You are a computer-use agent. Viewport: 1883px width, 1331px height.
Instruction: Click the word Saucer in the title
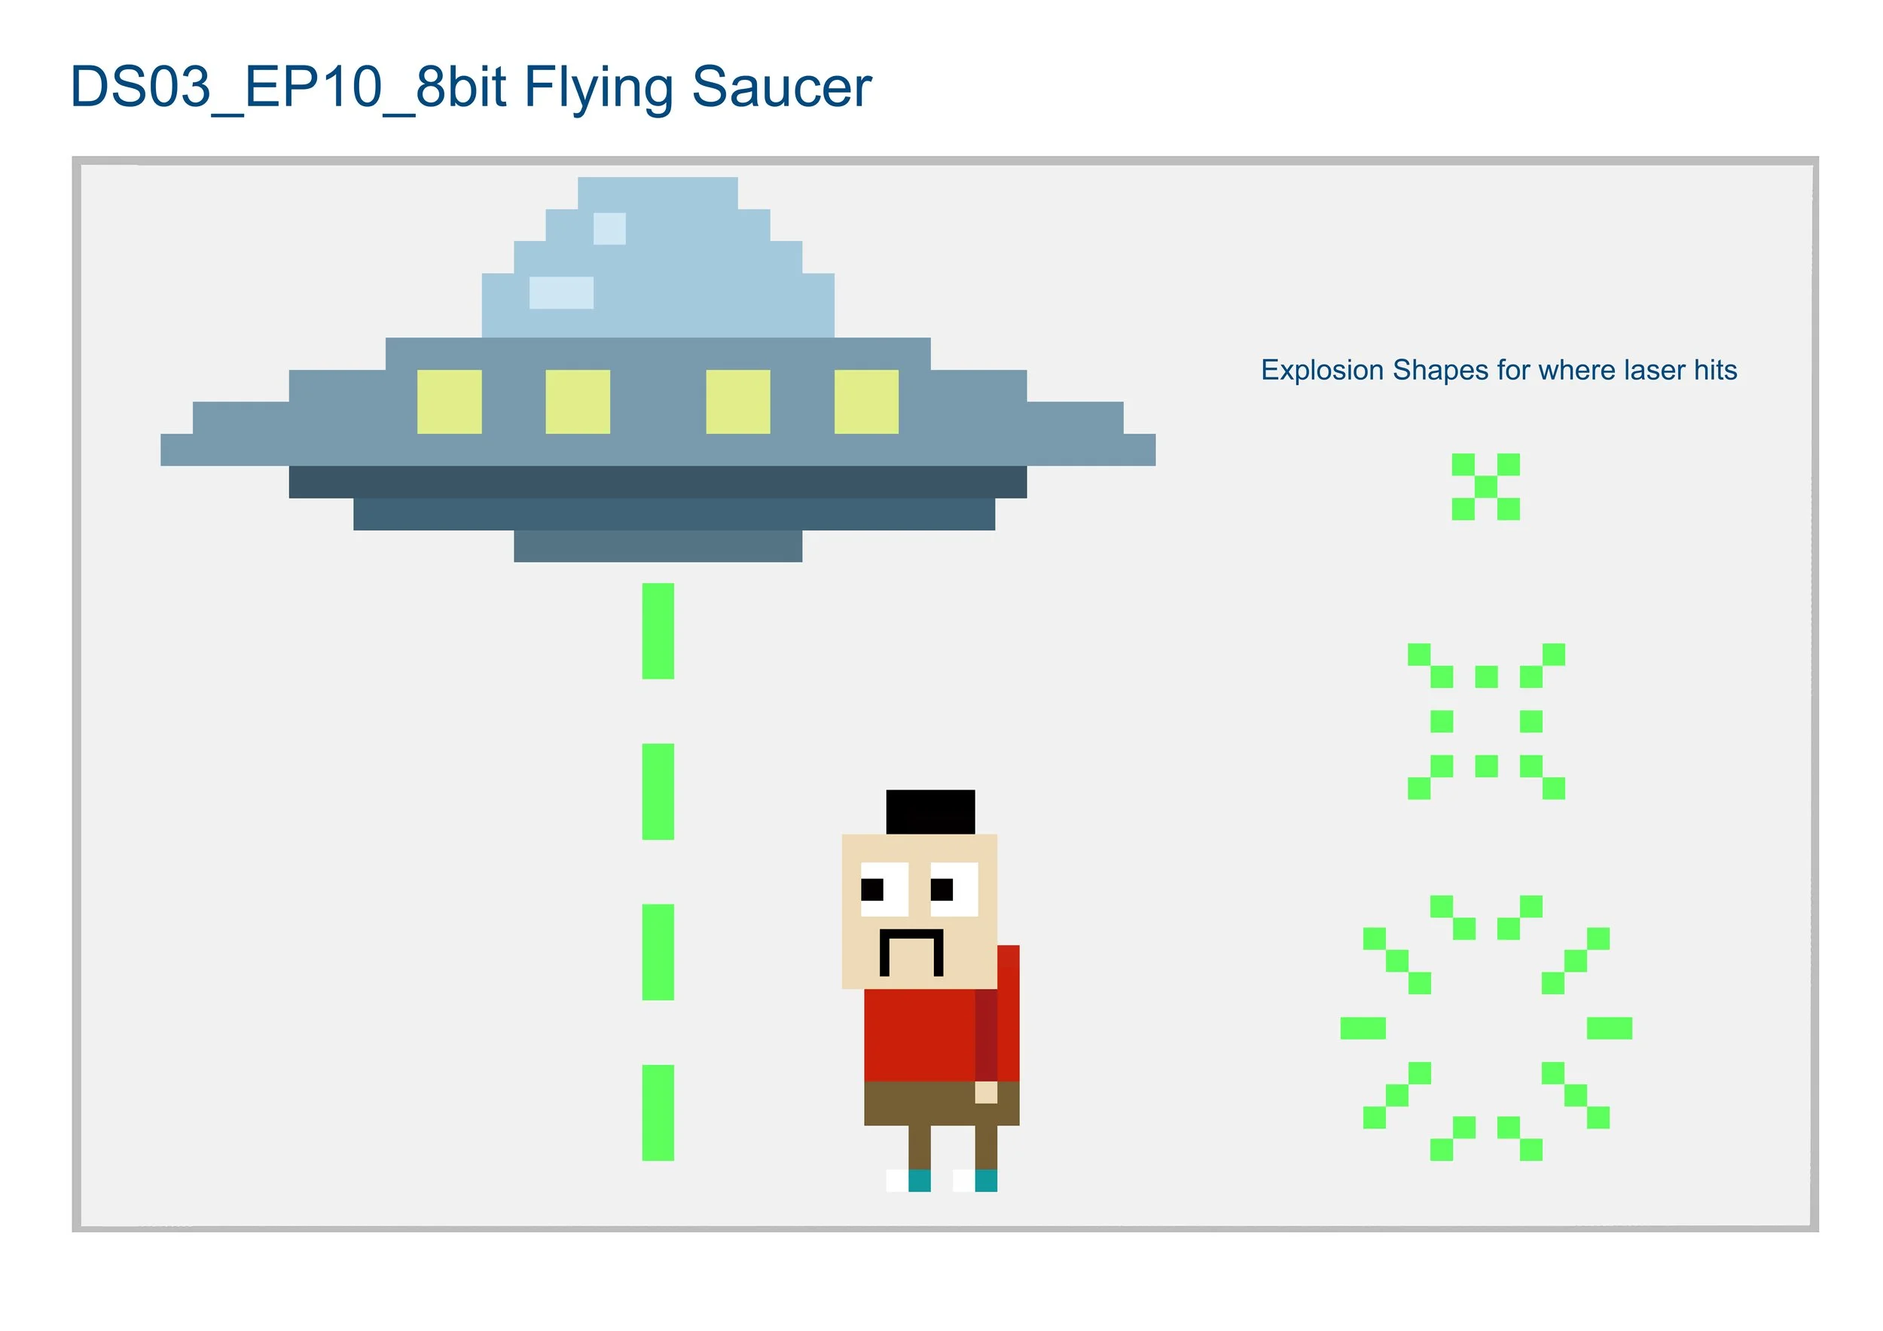(781, 87)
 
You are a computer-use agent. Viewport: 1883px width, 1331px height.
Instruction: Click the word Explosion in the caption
(1322, 370)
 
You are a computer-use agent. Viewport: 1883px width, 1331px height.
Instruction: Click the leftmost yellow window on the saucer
(449, 401)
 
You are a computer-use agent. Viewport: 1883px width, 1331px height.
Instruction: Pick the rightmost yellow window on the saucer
(866, 401)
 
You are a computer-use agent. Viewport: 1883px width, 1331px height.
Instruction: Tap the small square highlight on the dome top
(609, 229)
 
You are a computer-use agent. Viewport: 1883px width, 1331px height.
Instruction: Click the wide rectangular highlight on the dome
(561, 293)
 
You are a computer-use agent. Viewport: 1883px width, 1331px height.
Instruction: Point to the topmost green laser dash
(658, 630)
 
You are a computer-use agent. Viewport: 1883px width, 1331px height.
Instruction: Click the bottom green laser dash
(658, 1112)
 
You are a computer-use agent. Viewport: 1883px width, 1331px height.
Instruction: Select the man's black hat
(930, 812)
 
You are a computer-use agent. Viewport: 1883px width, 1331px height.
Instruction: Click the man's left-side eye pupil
(871, 889)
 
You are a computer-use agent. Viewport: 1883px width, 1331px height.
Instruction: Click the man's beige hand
(986, 1092)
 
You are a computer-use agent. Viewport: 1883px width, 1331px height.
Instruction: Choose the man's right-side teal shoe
(986, 1180)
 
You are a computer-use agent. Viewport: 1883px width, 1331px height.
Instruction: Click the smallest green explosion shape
(1485, 487)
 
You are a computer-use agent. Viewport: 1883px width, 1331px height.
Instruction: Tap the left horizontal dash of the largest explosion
(1363, 1027)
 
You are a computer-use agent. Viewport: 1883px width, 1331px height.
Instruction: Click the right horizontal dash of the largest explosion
(1609, 1027)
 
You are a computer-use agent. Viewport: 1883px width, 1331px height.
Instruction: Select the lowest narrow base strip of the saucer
(658, 546)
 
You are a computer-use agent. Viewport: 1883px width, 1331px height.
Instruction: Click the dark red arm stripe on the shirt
(986, 1035)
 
